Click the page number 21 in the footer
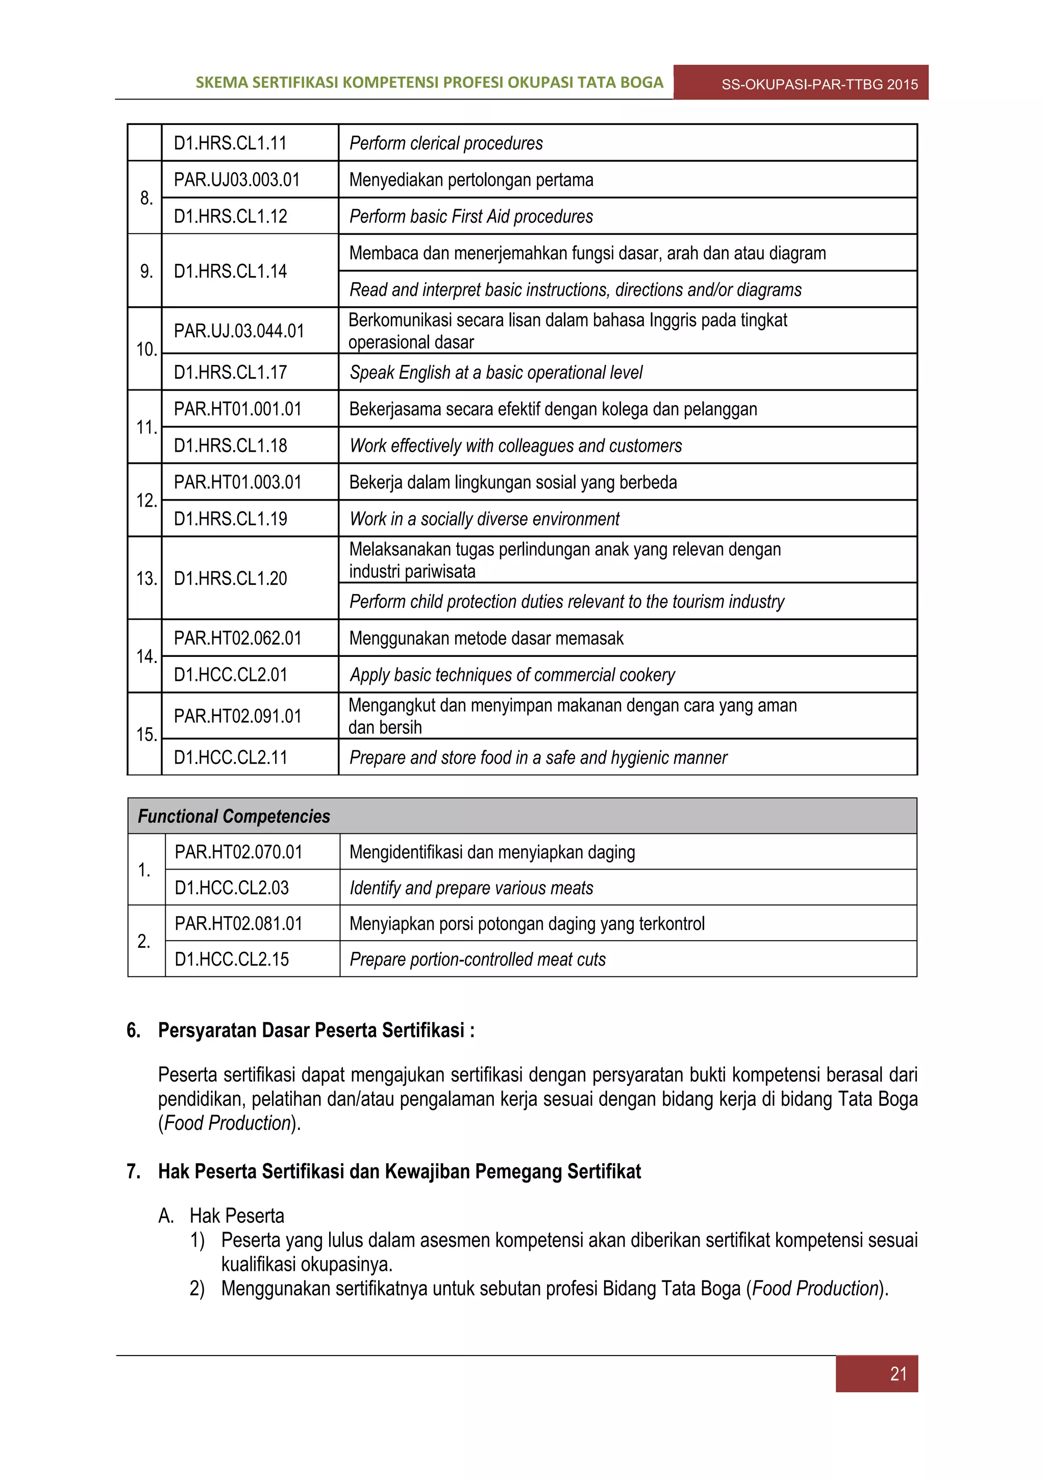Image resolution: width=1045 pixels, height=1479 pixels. pyautogui.click(x=898, y=1373)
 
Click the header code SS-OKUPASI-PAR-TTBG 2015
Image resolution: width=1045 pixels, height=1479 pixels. pyautogui.click(x=819, y=84)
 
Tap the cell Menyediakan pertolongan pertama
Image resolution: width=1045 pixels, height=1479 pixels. pyautogui.click(x=470, y=180)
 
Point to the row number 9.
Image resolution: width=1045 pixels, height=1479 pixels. pyautogui.click(x=146, y=271)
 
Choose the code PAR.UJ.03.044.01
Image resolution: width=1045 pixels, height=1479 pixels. pyautogui.click(x=239, y=331)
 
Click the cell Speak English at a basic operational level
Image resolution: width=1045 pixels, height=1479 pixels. pyautogui.click(x=496, y=373)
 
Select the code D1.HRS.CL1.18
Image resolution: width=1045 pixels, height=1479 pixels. pyautogui.click(x=231, y=446)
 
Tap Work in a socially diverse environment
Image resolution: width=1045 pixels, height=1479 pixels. pyautogui.click(x=484, y=519)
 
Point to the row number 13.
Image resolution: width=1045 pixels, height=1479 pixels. pyautogui.click(x=146, y=578)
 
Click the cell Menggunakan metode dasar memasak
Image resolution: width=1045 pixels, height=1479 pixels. pyautogui.click(x=486, y=638)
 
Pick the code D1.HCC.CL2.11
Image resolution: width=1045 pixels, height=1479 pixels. pyautogui.click(x=231, y=757)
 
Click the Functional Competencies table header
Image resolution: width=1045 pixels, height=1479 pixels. pyautogui.click(x=234, y=816)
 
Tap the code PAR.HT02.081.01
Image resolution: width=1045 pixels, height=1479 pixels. pyautogui.click(x=238, y=923)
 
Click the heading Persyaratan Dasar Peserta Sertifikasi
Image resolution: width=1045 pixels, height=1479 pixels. pyautogui.click(x=315, y=1030)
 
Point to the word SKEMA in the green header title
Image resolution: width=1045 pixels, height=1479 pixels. pyautogui.click(x=221, y=83)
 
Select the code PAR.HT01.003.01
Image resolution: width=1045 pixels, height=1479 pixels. pyautogui.click(x=238, y=482)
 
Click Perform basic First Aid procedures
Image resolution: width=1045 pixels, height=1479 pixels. pyautogui.click(x=470, y=216)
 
